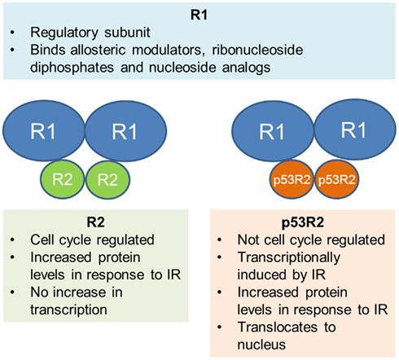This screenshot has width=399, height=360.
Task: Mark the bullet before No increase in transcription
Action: click(x=12, y=290)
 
